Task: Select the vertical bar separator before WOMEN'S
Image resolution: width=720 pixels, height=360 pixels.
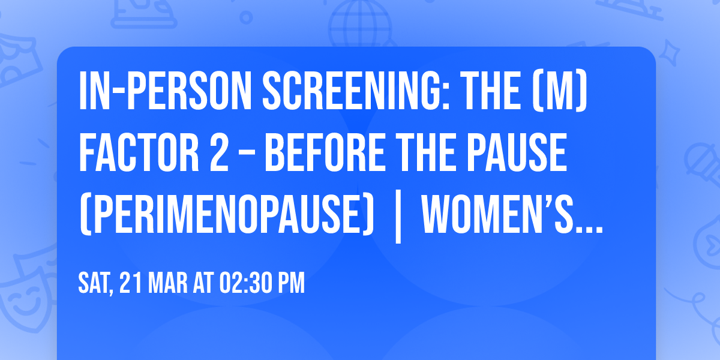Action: click(x=397, y=220)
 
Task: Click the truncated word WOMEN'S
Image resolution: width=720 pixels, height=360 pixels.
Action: click(x=510, y=218)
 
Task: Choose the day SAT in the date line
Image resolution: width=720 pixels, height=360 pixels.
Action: click(x=95, y=283)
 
